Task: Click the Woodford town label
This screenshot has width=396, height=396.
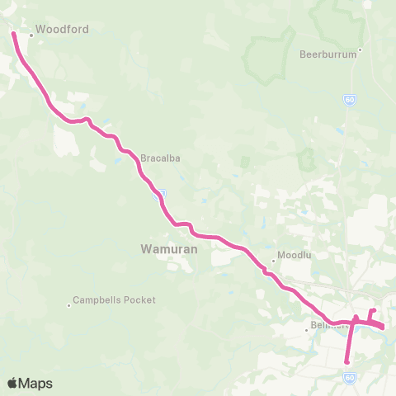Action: pyautogui.click(x=62, y=28)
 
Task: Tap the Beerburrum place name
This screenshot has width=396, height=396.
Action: pyautogui.click(x=328, y=54)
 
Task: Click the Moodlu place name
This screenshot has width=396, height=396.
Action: pyautogui.click(x=293, y=255)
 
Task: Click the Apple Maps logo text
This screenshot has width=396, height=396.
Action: pyautogui.click(x=35, y=383)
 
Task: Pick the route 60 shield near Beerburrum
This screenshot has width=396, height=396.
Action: pyautogui.click(x=350, y=100)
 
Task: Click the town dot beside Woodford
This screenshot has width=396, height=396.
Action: pyautogui.click(x=31, y=35)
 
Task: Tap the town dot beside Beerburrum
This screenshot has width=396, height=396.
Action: pyautogui.click(x=360, y=49)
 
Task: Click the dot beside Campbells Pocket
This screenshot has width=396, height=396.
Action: pyautogui.click(x=69, y=305)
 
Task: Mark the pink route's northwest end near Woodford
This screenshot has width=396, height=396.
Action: pyautogui.click(x=13, y=34)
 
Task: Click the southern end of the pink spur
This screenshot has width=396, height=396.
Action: pyautogui.click(x=347, y=361)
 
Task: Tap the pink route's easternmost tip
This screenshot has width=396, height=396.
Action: pyautogui.click(x=384, y=328)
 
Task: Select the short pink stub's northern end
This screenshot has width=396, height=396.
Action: pyautogui.click(x=374, y=310)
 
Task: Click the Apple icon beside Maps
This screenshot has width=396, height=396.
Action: pyautogui.click(x=12, y=383)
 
